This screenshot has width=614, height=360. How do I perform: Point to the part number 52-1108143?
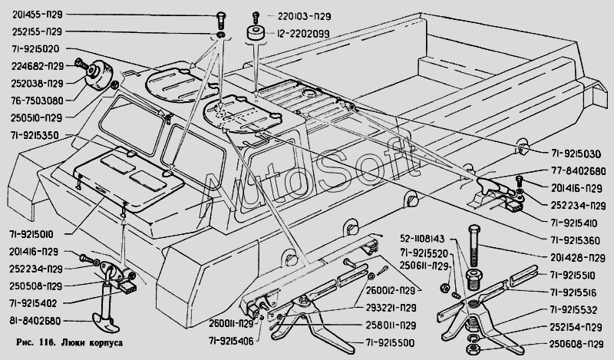[421, 239]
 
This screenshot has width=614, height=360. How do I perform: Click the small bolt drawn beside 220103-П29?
[256, 15]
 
